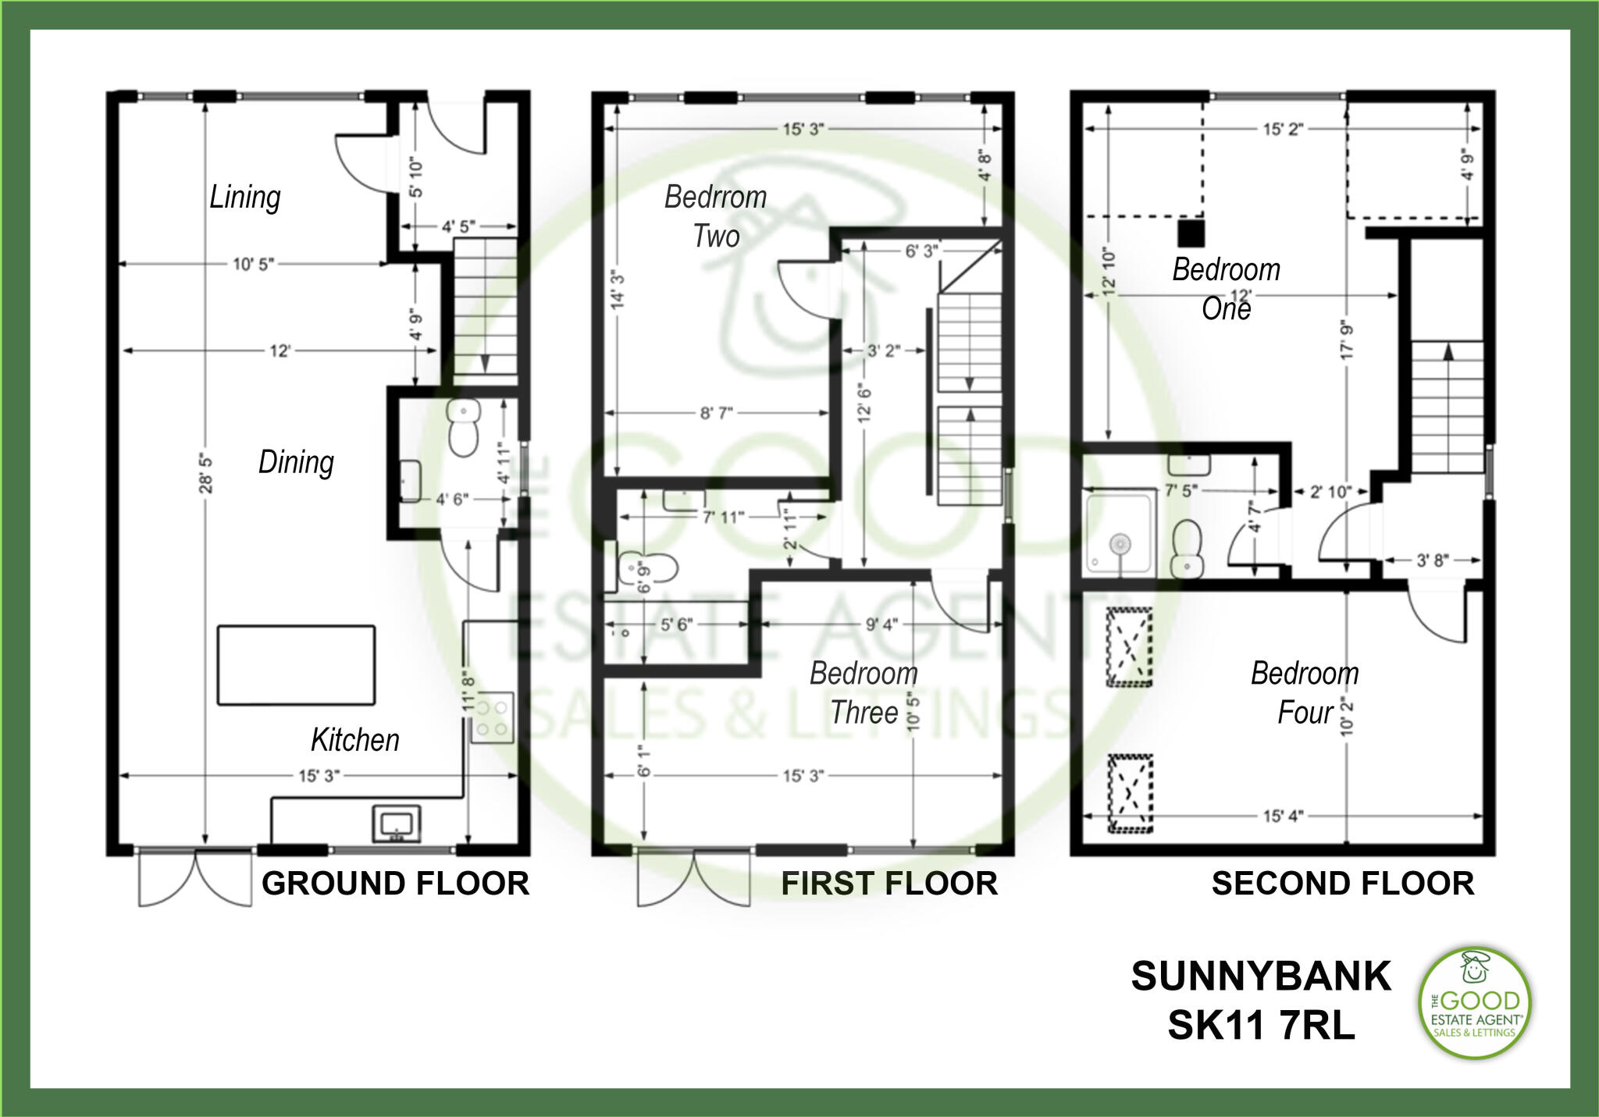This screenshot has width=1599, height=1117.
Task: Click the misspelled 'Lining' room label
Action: point(244,197)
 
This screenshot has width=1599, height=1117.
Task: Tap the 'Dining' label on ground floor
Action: point(296,462)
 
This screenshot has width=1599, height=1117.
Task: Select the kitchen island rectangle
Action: point(296,665)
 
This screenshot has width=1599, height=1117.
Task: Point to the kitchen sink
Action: point(396,824)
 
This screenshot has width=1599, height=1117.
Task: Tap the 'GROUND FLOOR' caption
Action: point(395,884)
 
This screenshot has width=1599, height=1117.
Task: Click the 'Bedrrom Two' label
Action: point(715,216)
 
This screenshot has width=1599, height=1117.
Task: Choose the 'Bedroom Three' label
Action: point(864,692)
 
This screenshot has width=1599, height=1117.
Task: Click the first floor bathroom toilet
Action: point(647,569)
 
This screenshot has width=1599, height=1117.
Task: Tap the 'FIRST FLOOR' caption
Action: point(889,884)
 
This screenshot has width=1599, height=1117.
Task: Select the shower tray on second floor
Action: point(1119,535)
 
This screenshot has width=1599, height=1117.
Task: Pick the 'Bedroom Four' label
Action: point(1305,692)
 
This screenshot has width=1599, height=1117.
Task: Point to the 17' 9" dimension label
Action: point(1348,340)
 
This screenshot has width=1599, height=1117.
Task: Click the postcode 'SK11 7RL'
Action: point(1261,1026)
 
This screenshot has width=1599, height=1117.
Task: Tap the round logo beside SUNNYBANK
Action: point(1474,1003)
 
